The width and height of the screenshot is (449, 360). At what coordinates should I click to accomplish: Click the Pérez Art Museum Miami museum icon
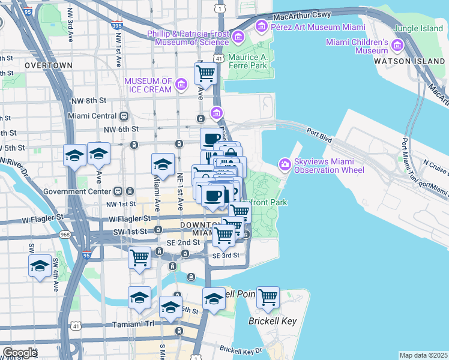[261, 26]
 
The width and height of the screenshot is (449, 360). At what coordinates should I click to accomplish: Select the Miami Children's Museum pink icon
[397, 46]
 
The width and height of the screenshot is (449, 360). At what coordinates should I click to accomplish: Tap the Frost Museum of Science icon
[238, 38]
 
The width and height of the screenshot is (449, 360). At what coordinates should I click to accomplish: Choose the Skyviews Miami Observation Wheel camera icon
[285, 164]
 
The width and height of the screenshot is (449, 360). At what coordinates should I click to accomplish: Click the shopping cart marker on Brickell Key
[267, 297]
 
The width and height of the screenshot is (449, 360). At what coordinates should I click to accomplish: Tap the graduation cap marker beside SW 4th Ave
[40, 265]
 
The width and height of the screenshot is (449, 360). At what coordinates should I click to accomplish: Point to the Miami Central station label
[92, 116]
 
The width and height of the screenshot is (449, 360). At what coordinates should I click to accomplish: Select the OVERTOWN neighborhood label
[48, 65]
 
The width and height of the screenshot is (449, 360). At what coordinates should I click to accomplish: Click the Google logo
[19, 353]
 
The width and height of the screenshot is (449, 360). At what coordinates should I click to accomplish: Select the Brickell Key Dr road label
[241, 349]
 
